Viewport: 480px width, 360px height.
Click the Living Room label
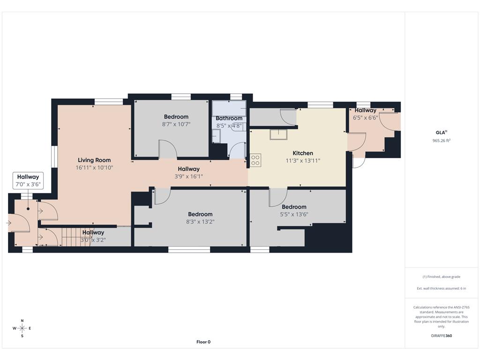tap(94, 160)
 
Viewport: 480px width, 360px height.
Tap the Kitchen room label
tap(303, 153)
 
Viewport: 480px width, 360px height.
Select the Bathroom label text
tap(229, 118)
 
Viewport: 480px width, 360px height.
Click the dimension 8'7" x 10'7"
tap(176, 124)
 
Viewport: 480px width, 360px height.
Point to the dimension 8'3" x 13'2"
tap(200, 222)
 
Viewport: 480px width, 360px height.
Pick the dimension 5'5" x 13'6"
tap(294, 214)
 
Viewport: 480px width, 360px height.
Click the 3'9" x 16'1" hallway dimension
tap(188, 176)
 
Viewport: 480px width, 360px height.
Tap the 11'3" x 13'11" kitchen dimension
tap(303, 160)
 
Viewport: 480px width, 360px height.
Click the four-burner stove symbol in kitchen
tap(255, 160)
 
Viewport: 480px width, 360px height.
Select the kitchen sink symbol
tap(278, 135)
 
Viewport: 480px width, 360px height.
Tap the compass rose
tap(22, 329)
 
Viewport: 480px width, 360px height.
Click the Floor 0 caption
tap(203, 342)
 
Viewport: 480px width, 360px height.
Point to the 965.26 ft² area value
tap(441, 141)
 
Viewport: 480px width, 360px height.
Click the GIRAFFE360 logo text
tap(441, 336)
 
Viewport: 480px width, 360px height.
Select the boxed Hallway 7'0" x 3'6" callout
tap(28, 180)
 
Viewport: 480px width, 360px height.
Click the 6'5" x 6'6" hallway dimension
tap(365, 118)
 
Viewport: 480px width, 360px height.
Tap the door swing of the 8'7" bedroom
tap(168, 149)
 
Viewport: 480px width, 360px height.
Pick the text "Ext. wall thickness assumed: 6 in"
tap(441, 288)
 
